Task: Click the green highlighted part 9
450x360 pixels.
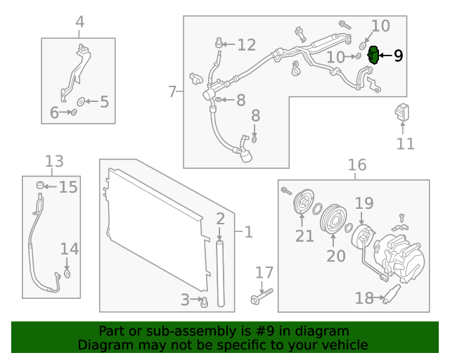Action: [374, 55]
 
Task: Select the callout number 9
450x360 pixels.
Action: [398, 56]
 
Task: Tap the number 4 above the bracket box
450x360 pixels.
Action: [79, 22]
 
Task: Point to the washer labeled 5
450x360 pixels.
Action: [80, 102]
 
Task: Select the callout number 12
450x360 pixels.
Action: [246, 45]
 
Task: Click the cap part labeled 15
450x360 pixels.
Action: [41, 186]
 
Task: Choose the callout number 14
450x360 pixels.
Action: [69, 249]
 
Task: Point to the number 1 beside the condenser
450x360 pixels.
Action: [247, 231]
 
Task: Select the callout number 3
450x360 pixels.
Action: [186, 300]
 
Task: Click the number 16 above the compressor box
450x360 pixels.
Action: [357, 165]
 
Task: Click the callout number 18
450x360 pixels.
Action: [364, 298]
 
